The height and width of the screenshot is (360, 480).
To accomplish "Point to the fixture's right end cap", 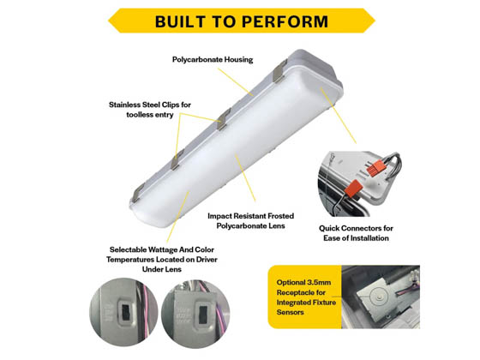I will (x=330, y=86).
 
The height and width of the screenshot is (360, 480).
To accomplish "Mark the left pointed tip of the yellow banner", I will (x=105, y=21).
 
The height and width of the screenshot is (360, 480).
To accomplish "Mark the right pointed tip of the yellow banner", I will (x=374, y=21).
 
